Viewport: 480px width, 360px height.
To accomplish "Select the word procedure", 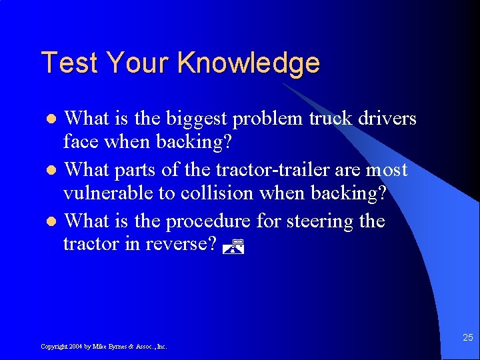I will (208, 220).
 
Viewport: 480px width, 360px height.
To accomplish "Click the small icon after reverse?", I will (233, 246).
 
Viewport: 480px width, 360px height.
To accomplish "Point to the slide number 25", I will (467, 337).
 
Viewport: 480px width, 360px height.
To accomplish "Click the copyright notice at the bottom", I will (103, 347).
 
